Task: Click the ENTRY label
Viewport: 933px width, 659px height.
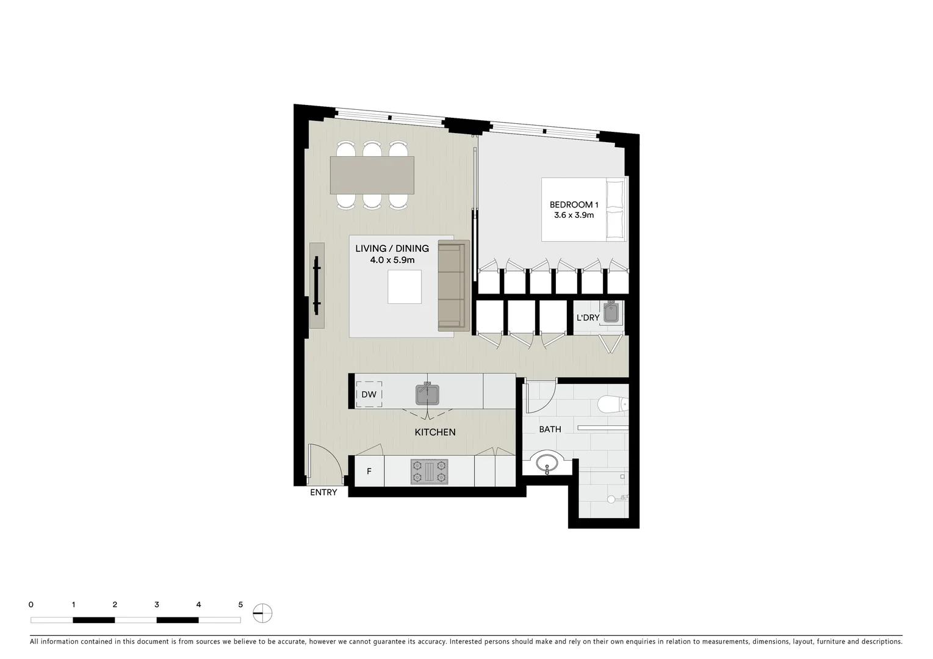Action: click(x=323, y=492)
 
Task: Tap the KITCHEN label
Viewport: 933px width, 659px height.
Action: click(x=435, y=432)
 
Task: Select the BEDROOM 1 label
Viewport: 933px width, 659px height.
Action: click(x=573, y=204)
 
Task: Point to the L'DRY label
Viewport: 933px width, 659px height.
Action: click(x=588, y=318)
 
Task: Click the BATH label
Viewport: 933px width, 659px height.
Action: click(x=550, y=430)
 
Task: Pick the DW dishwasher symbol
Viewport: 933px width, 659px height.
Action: click(x=369, y=395)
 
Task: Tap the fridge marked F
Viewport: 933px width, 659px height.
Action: click(x=369, y=472)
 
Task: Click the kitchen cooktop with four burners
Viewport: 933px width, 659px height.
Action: click(x=430, y=472)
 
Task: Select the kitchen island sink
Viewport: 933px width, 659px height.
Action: click(x=427, y=394)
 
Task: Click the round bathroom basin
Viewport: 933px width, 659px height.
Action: click(x=547, y=463)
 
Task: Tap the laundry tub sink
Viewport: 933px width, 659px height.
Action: click(x=611, y=313)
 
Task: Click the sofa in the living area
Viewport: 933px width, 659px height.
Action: click(x=452, y=286)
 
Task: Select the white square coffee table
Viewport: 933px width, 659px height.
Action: click(x=405, y=287)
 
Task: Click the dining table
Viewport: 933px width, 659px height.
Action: click(x=372, y=176)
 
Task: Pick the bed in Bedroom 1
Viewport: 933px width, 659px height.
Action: click(x=584, y=209)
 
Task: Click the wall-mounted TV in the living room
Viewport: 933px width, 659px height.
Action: click(x=317, y=286)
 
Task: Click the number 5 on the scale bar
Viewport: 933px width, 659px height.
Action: click(x=240, y=605)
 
